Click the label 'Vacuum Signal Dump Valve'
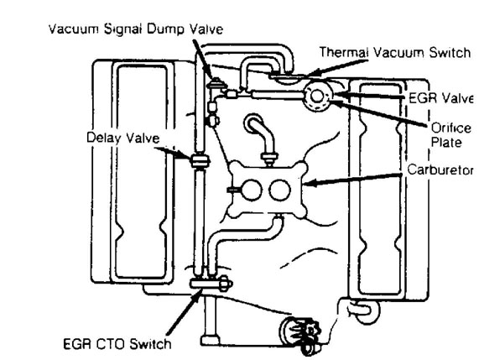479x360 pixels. coord(136,29)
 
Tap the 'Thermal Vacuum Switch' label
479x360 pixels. coord(395,52)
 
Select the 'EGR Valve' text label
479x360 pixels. coord(440,98)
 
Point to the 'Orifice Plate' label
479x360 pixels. coord(450,135)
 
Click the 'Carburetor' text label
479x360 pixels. coord(440,170)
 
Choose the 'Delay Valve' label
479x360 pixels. coord(123,138)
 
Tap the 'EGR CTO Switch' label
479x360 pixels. coord(117,344)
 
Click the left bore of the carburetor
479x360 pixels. coord(252,190)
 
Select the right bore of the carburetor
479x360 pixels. coord(279,190)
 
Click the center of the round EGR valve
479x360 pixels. coord(317,96)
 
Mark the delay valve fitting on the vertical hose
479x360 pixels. coord(200,161)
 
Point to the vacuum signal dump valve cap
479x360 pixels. coord(216,83)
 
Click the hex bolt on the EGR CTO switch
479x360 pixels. coord(226,284)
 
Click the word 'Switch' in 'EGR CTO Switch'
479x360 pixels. coord(150,344)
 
